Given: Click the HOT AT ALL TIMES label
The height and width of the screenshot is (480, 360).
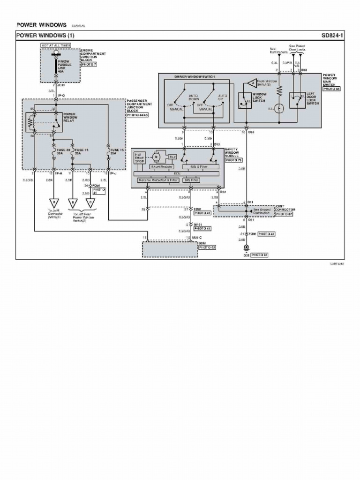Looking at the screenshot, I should pyautogui.click(x=56, y=45).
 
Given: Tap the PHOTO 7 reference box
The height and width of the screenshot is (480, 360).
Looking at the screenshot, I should pyautogui.click(x=89, y=64).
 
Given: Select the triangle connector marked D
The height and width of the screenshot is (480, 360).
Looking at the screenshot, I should pyautogui.click(x=54, y=203).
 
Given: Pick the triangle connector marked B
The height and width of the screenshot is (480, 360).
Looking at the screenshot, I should pyautogui.click(x=73, y=203).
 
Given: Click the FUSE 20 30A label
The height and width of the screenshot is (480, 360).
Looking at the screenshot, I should pyautogui.click(x=58, y=151).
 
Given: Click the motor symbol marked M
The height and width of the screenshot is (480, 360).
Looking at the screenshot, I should pyautogui.click(x=157, y=156).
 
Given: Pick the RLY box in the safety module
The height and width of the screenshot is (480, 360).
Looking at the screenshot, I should pyautogui.click(x=172, y=156).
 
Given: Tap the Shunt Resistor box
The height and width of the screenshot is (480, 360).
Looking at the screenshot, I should pyautogui.click(x=162, y=166).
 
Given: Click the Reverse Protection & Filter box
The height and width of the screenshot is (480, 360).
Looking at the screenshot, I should pyautogui.click(x=158, y=180).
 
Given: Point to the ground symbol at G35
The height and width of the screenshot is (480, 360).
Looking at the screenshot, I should pyautogui.click(x=246, y=248).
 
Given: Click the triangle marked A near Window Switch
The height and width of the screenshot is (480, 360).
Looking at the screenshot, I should pyautogui.click(x=252, y=82).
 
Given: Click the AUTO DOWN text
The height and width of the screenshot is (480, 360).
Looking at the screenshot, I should pyautogui.click(x=194, y=97).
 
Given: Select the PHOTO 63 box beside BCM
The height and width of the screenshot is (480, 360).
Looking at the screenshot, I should pyautogui.click(x=207, y=247).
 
